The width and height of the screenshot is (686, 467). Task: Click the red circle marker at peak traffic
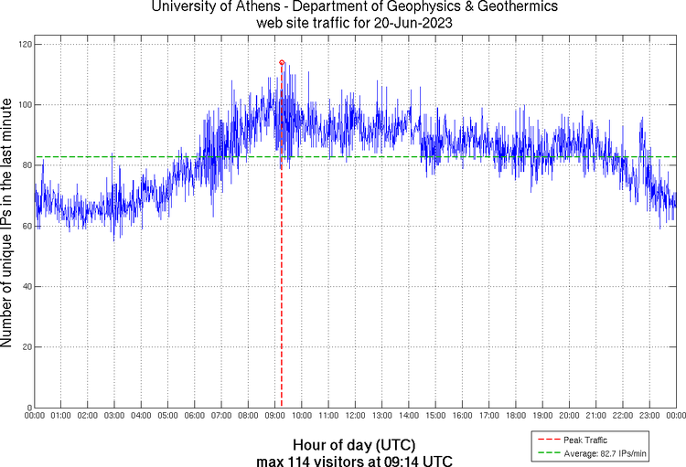[x=282, y=62]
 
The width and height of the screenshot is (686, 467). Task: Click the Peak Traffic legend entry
[x=586, y=440]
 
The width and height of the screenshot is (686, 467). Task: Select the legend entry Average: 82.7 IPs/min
[x=604, y=451]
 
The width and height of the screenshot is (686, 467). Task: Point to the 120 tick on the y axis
[x=26, y=44]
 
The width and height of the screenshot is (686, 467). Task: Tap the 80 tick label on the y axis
[x=26, y=165]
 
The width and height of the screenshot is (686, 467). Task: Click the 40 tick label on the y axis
[x=26, y=287]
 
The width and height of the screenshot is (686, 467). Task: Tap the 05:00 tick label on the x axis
[x=167, y=416]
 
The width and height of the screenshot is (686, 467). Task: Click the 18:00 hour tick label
[x=515, y=416]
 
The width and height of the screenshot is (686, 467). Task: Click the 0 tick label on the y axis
[x=28, y=408]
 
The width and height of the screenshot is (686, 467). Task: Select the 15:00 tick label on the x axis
[x=435, y=416]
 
